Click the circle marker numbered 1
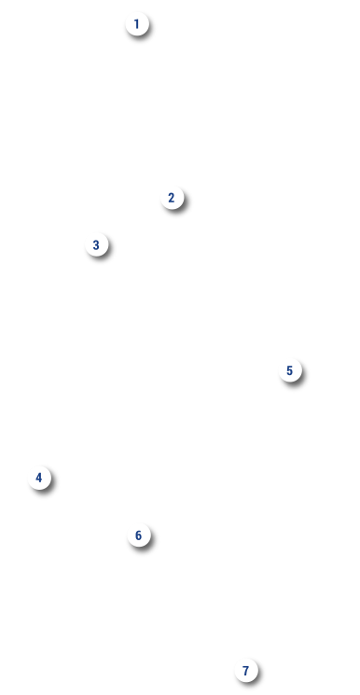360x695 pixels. tap(137, 24)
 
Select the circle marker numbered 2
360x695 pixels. tap(172, 198)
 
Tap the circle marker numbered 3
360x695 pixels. tap(97, 244)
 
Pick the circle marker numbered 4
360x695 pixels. tap(40, 478)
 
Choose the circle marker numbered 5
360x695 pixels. tap(290, 370)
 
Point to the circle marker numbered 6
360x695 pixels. tap(139, 535)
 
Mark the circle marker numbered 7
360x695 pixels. tap(246, 671)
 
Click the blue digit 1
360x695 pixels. tap(136, 24)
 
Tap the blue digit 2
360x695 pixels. tap(172, 198)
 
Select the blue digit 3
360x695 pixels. tap(96, 244)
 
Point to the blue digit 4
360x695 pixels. tap(39, 478)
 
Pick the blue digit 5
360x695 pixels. tap(290, 370)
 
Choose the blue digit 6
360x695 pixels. tap(138, 535)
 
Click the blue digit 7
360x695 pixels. tap(245, 671)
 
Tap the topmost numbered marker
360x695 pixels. tap(137, 24)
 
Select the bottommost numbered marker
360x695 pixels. tap(246, 671)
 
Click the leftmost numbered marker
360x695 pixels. tap(40, 478)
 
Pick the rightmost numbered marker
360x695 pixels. tap(290, 370)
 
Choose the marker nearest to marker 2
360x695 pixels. tap(97, 244)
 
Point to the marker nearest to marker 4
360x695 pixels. tap(139, 535)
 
